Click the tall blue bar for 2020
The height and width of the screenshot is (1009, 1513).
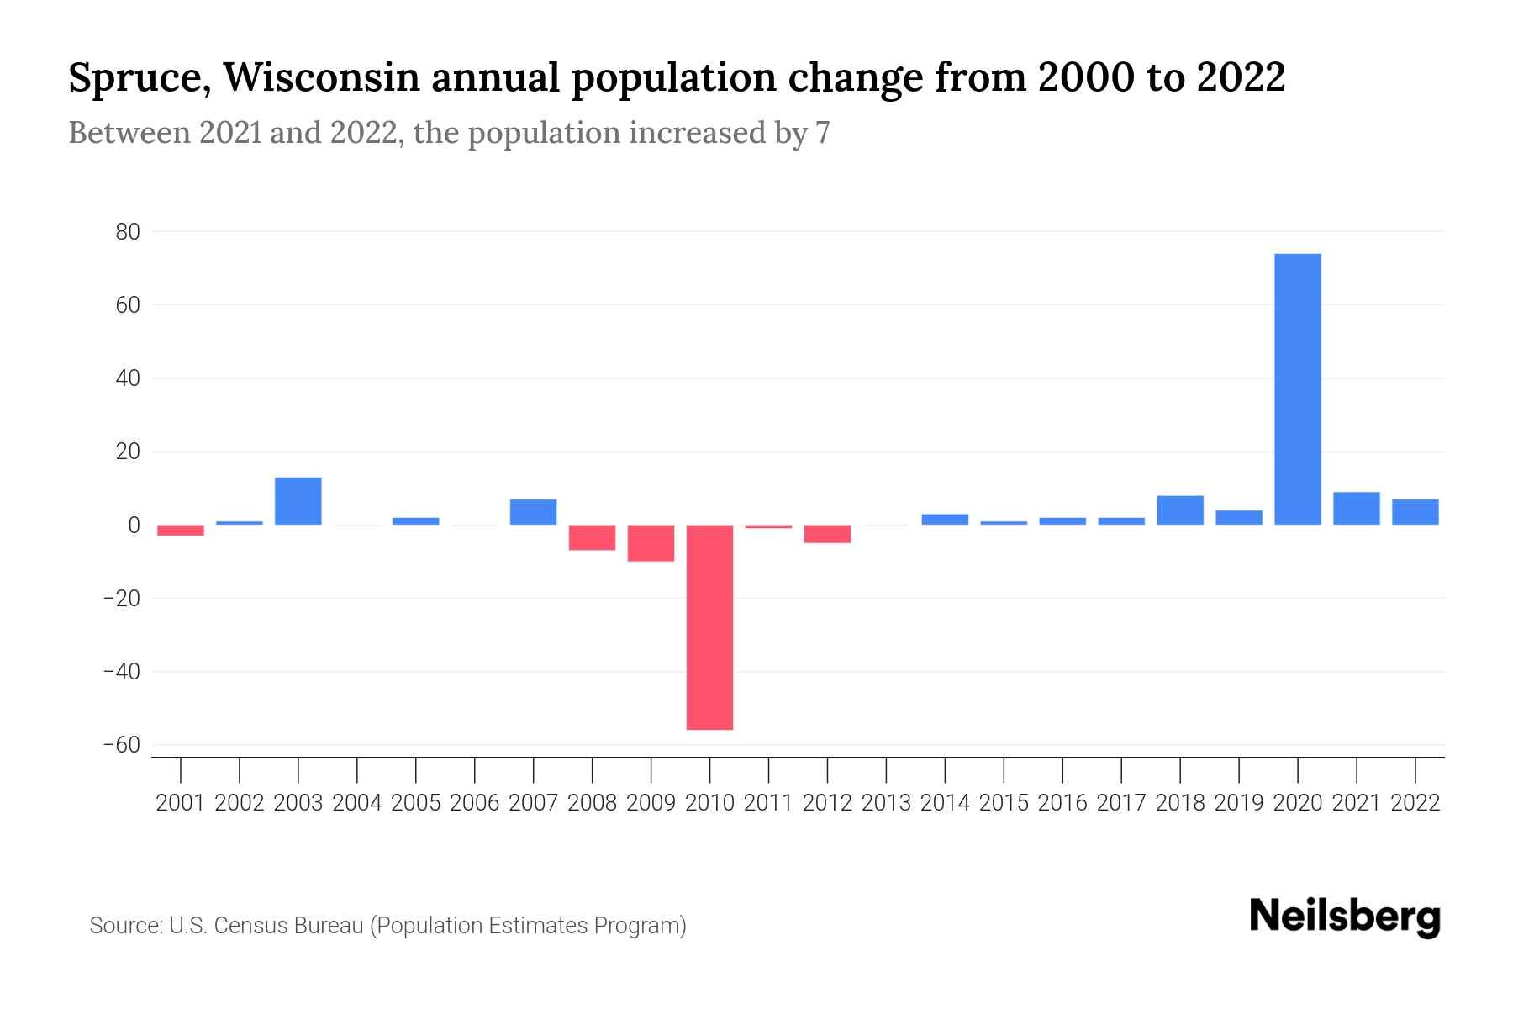pyautogui.click(x=1298, y=388)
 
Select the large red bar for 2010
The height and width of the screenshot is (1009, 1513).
pyautogui.click(x=709, y=627)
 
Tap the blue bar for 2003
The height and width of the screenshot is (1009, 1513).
pyautogui.click(x=298, y=501)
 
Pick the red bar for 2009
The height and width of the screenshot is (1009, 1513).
pyautogui.click(x=651, y=543)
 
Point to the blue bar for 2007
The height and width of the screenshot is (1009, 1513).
pyautogui.click(x=533, y=512)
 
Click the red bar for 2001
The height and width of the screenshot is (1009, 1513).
pyautogui.click(x=181, y=531)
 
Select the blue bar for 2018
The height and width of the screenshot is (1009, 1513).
pyautogui.click(x=1180, y=510)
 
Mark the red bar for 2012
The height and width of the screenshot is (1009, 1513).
pyautogui.click(x=827, y=534)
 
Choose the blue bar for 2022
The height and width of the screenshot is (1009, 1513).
pyautogui.click(x=1415, y=512)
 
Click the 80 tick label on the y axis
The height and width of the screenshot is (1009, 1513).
pyautogui.click(x=127, y=231)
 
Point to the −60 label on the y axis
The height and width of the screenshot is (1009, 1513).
pyautogui.click(x=121, y=745)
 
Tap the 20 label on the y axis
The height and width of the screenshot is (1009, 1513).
pyautogui.click(x=127, y=452)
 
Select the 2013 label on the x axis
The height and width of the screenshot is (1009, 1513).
pyautogui.click(x=886, y=803)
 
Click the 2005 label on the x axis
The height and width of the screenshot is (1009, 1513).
pyautogui.click(x=416, y=803)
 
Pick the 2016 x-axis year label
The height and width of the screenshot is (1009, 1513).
pyautogui.click(x=1062, y=803)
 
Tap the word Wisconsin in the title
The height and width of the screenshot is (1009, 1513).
pyautogui.click(x=322, y=78)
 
